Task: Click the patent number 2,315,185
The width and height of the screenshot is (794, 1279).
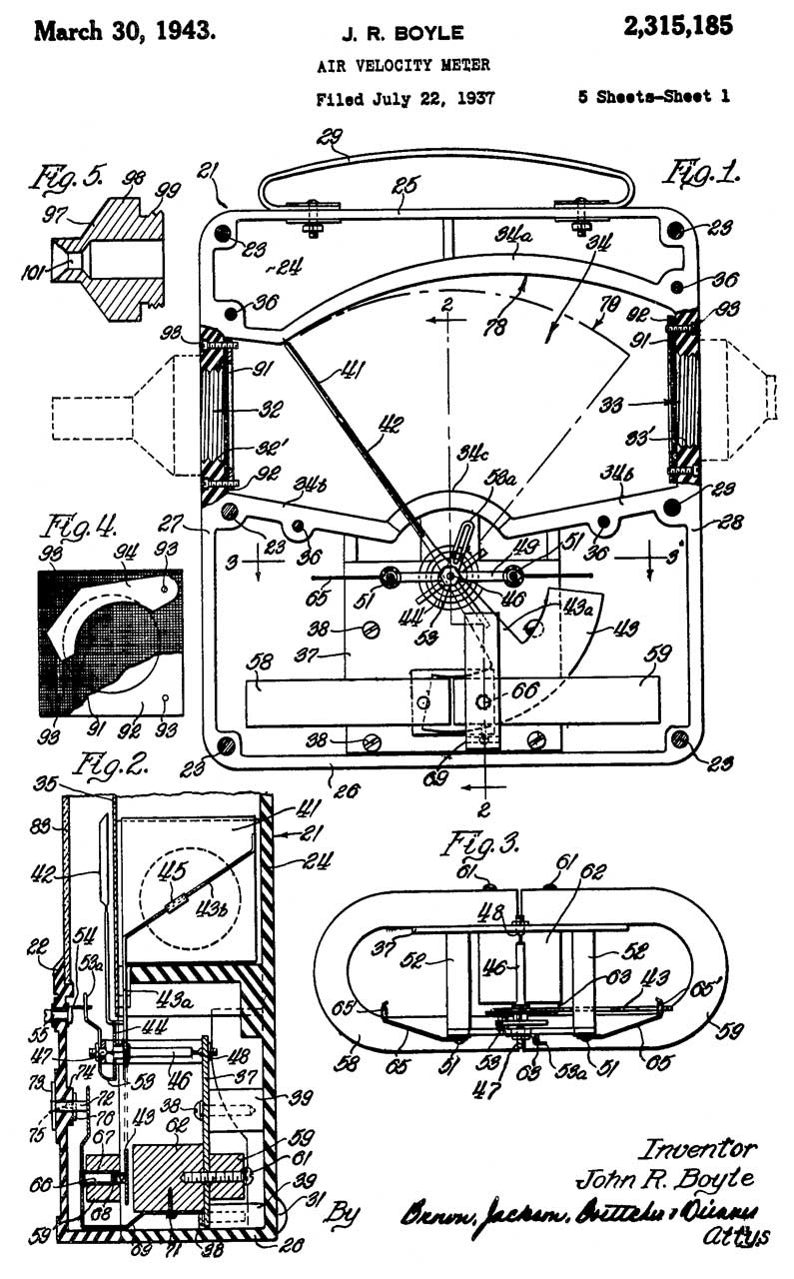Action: (677, 28)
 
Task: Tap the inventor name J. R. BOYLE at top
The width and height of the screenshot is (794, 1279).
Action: (402, 33)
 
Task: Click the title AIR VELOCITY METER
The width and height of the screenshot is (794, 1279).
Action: (403, 66)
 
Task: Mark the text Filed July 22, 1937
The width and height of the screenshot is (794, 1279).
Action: (405, 99)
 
